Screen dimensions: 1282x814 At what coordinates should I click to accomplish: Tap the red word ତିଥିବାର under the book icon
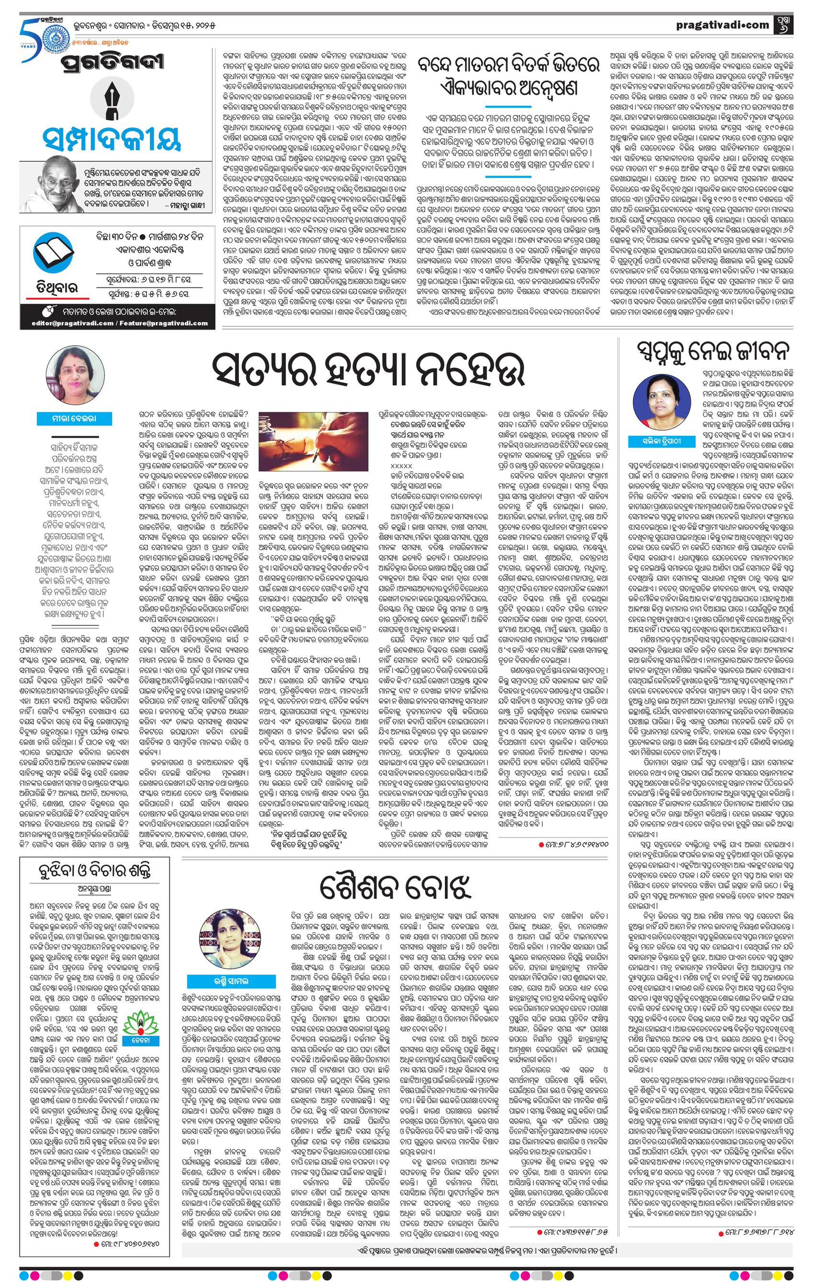click(51, 287)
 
